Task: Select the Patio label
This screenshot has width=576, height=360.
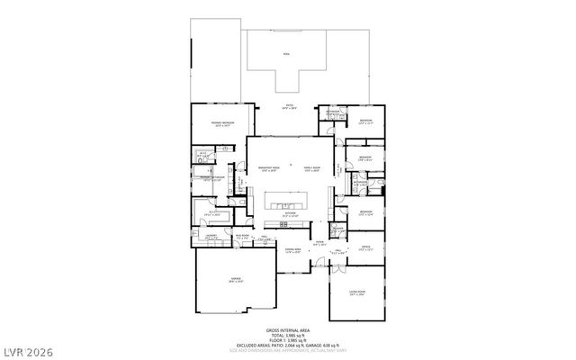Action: click(x=291, y=107)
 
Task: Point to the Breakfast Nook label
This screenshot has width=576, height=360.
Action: click(x=267, y=168)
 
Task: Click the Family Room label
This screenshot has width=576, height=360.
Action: click(x=312, y=168)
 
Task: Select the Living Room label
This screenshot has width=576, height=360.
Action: click(x=357, y=292)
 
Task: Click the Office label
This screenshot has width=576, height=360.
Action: click(x=365, y=248)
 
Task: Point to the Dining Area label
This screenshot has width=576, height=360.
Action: click(x=292, y=251)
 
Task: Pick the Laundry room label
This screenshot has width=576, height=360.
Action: click(x=212, y=238)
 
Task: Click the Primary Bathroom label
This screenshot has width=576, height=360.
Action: click(x=211, y=178)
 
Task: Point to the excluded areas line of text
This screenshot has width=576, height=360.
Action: click(x=288, y=345)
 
